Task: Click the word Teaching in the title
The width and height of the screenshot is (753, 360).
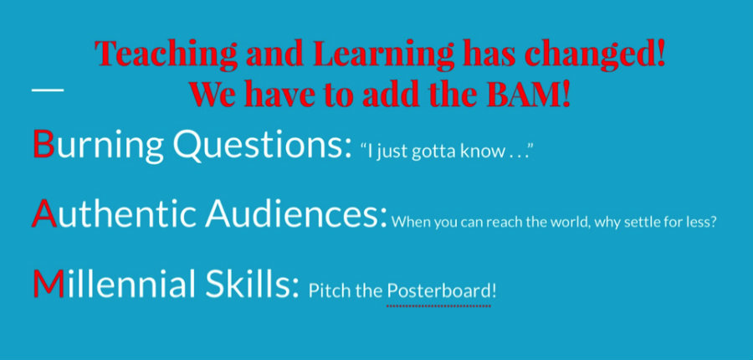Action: (166, 53)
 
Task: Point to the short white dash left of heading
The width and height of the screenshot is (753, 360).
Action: (47, 90)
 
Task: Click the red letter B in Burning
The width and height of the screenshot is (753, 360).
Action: (43, 144)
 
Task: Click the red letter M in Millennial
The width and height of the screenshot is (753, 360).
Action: (48, 284)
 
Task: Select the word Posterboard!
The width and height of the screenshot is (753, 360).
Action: (441, 291)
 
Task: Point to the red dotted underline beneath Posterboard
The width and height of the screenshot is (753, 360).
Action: (439, 305)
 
